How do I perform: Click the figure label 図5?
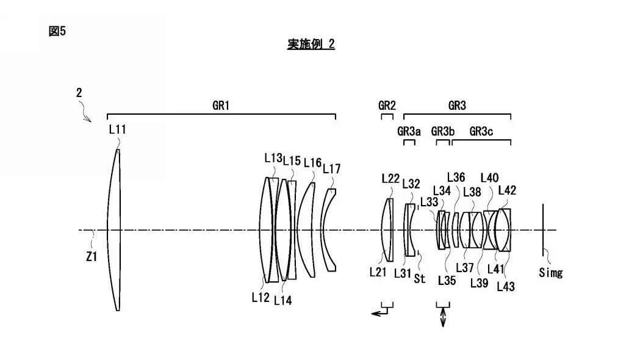57,31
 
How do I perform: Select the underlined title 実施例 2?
311,44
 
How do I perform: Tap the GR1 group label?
221,106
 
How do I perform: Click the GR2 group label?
387,106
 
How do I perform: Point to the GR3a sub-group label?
409,131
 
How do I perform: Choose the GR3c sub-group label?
481,131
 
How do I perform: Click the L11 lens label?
118,130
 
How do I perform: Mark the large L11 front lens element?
114,230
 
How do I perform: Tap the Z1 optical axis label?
92,257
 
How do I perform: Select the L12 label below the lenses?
261,298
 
